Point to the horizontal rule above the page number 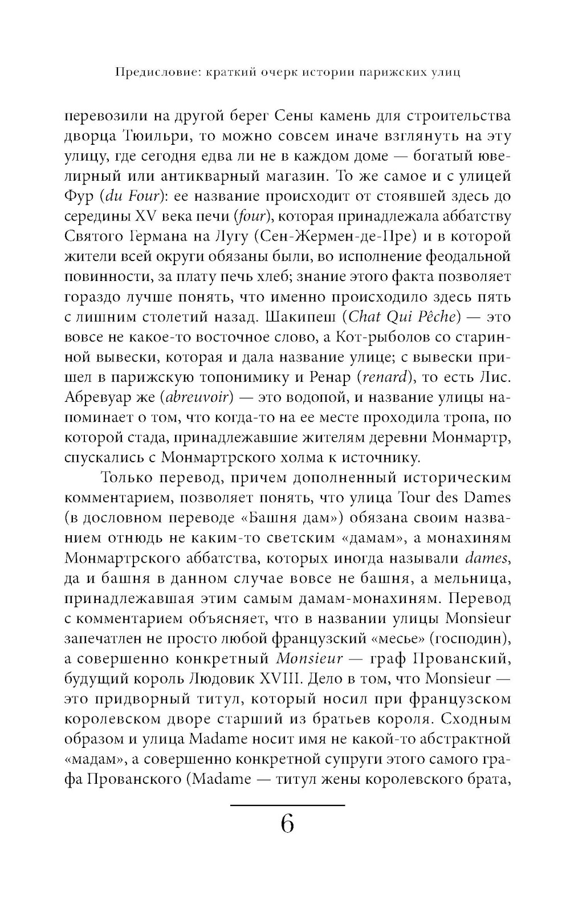(287, 804)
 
